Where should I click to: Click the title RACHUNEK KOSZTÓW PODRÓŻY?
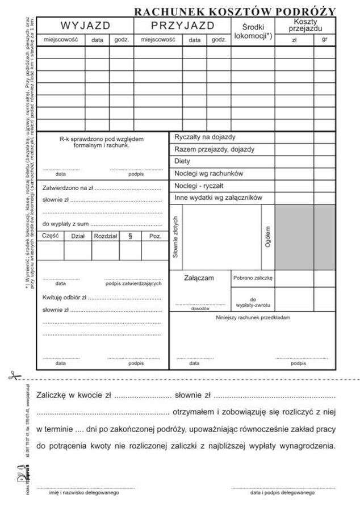(235, 11)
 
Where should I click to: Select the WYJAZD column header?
(85, 26)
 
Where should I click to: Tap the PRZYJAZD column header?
(182, 26)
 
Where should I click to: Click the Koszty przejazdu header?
(305, 24)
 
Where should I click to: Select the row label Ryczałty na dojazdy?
(205, 137)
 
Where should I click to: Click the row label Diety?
(183, 161)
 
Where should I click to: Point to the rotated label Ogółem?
(267, 236)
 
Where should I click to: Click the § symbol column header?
(130, 236)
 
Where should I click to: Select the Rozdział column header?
(106, 236)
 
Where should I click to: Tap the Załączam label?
(199, 278)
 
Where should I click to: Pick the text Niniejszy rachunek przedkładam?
(253, 317)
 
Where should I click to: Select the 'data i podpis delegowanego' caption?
(282, 493)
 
